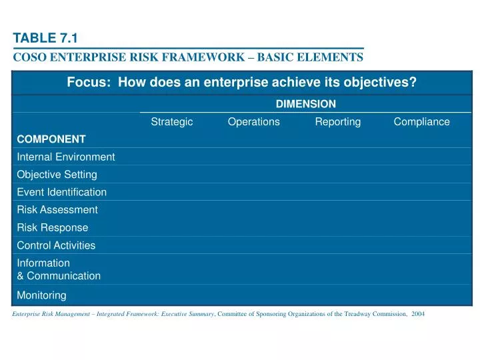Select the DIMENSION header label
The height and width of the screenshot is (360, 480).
(x=305, y=104)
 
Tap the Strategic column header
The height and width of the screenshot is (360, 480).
(x=172, y=121)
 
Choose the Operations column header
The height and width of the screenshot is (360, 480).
(x=253, y=121)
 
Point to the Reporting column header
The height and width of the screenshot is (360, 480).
(x=337, y=121)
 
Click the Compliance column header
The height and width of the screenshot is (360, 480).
(x=421, y=121)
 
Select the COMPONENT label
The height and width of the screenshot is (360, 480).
(x=51, y=139)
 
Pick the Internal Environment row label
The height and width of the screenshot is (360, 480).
(x=65, y=157)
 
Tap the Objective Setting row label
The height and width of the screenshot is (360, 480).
(x=57, y=175)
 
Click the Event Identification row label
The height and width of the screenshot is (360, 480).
(x=61, y=192)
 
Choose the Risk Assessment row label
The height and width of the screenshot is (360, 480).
(x=57, y=209)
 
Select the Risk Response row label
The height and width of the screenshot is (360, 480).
(x=52, y=227)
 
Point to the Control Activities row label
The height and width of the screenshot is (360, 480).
(x=56, y=245)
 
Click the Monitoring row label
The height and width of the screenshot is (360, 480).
(x=41, y=295)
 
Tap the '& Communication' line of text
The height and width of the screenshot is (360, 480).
(x=59, y=275)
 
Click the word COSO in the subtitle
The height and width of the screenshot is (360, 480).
(x=29, y=58)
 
